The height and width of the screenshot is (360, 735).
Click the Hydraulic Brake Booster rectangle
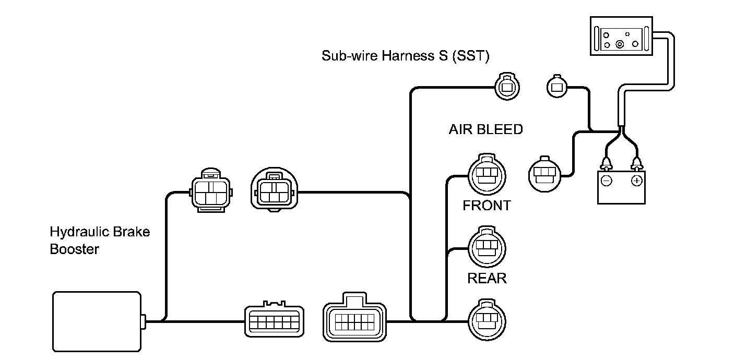point(97,321)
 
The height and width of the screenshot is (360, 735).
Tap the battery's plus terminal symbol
point(636,181)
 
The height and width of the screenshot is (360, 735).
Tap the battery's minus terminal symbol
point(607,181)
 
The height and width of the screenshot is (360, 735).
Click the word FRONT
point(487,206)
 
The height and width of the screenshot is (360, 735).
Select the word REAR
point(487,279)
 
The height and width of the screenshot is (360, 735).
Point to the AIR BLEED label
point(485,129)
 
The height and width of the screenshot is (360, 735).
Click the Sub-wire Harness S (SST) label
point(405,56)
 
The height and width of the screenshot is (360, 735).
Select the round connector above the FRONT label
point(487,174)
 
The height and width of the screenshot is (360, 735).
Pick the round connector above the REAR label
point(487,247)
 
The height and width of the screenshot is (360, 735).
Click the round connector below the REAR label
point(487,320)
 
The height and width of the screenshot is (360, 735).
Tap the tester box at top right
point(621,36)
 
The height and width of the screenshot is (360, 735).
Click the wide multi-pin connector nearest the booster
point(274,319)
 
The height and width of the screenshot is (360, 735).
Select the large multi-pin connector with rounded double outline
point(354,317)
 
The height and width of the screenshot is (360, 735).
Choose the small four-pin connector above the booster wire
point(211,190)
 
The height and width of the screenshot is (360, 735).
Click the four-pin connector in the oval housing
point(274,190)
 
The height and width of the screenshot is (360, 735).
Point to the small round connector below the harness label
point(507,86)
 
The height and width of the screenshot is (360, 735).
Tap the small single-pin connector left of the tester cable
point(557,87)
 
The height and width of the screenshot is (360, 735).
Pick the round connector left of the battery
point(544,174)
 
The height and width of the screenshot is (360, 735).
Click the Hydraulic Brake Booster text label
point(100,241)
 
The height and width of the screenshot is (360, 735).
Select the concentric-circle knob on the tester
point(620,44)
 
